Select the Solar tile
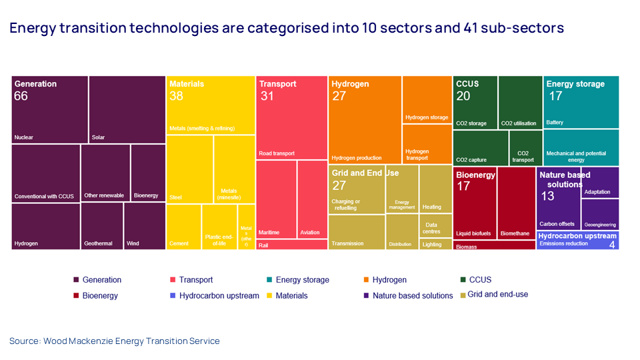(127, 110)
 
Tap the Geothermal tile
(101, 227)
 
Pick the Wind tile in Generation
(145, 227)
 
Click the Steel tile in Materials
(189, 169)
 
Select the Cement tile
(183, 227)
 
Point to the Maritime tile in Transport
(276, 200)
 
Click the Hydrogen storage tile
(427, 100)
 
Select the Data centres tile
(435, 226)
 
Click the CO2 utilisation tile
(520, 103)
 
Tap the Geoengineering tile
(600, 215)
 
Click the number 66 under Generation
(21, 96)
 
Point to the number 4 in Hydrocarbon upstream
(611, 244)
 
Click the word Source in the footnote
(23, 341)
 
